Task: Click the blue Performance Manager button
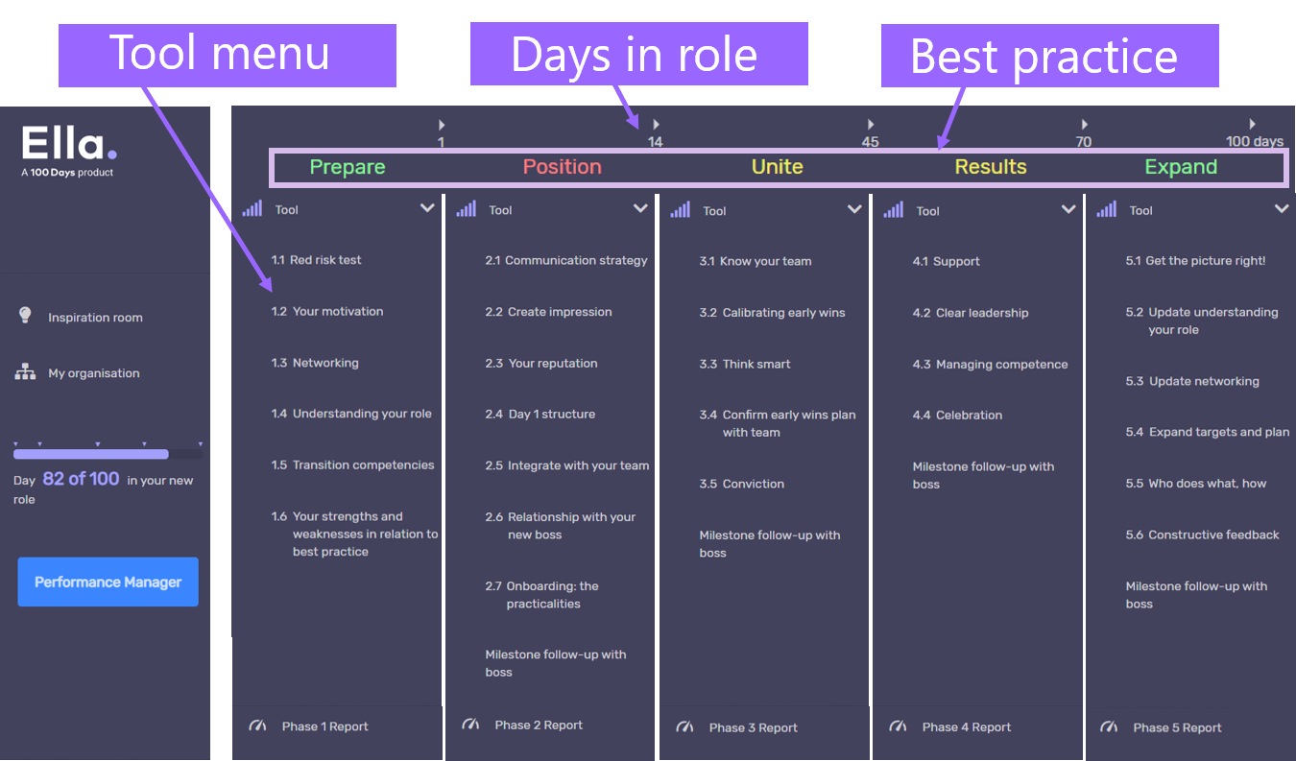[x=108, y=582]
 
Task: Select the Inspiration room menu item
[x=95, y=318]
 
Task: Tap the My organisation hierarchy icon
[x=25, y=371]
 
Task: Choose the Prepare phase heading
[x=348, y=167]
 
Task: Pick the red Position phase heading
[x=563, y=167]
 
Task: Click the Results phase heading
[x=991, y=167]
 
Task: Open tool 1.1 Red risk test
[x=316, y=260]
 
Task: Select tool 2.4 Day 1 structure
[x=540, y=414]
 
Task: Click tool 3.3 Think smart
[x=745, y=365]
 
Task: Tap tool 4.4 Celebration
[x=957, y=416]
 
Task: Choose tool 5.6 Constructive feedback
[x=1202, y=535]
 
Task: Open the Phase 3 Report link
[x=753, y=727]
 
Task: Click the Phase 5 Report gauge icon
[x=1109, y=726]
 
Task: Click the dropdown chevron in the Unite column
[x=854, y=209]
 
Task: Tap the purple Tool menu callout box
[x=228, y=56]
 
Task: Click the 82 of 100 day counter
[x=81, y=479]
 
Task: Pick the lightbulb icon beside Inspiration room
[x=25, y=315]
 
